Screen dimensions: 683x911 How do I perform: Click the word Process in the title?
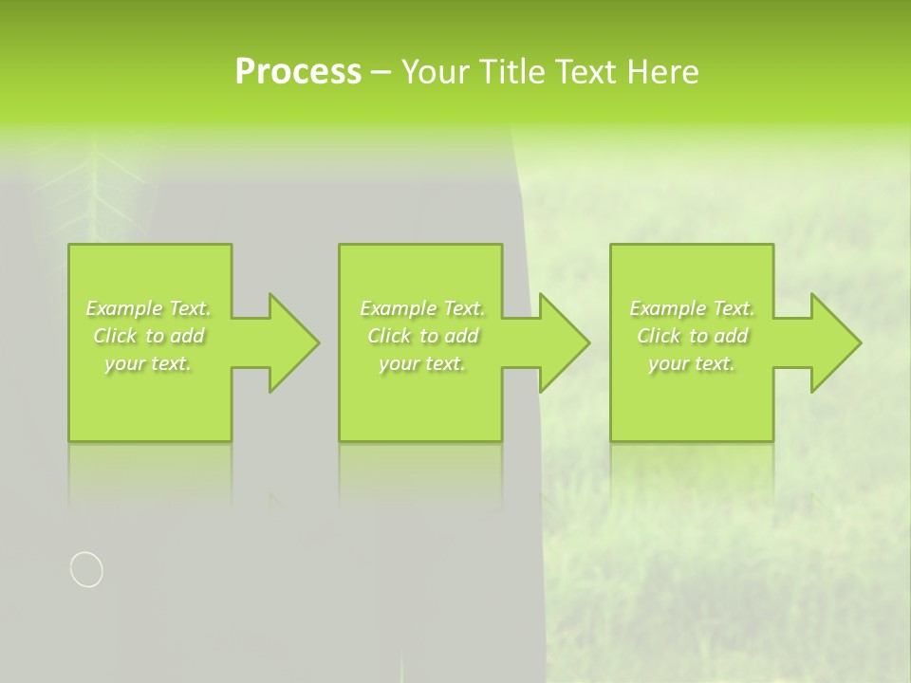tap(298, 72)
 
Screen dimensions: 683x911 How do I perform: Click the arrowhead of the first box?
tap(292, 342)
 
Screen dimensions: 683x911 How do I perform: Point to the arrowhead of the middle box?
tap(563, 342)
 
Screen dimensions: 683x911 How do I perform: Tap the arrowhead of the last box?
tap(834, 342)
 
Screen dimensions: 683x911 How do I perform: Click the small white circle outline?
tap(86, 569)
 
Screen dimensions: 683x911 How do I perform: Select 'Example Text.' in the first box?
tap(148, 308)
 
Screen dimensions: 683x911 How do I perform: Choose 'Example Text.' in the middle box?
tap(422, 308)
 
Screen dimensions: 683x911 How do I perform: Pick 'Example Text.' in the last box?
tap(692, 308)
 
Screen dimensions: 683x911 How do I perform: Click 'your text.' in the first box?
tap(148, 363)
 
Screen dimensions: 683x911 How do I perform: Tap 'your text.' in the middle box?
tap(422, 363)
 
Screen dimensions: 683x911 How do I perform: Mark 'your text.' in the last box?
tap(692, 363)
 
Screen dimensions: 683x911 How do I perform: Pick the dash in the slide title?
tap(381, 73)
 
